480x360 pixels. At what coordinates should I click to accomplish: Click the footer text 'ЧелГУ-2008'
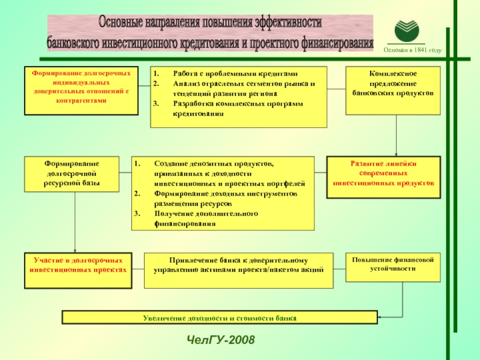(220, 341)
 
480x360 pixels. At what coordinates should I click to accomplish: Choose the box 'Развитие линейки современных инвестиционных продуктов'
(383, 177)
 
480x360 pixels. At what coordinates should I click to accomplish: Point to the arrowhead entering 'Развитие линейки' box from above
(395, 154)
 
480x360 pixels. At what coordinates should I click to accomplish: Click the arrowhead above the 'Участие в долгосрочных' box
(75, 250)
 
